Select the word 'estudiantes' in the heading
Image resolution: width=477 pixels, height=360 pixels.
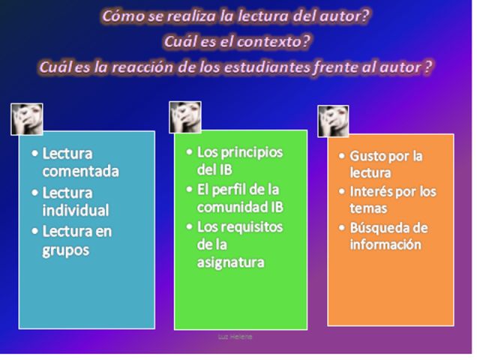(267, 67)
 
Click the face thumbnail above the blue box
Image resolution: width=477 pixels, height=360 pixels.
(27, 119)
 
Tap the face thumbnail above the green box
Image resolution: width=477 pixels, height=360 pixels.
(185, 118)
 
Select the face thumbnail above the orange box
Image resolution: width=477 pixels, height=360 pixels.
(334, 121)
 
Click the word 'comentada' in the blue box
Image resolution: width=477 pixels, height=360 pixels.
(80, 171)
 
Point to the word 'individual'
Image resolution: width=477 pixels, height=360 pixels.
(76, 211)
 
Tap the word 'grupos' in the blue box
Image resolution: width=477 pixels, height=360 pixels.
(66, 250)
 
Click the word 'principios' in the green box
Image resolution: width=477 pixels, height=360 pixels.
(252, 153)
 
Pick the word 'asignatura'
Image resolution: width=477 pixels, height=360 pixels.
(230, 263)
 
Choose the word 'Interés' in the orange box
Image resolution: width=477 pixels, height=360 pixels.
(371, 192)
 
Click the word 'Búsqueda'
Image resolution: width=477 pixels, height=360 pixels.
(376, 228)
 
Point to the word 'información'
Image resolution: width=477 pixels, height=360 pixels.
(385, 244)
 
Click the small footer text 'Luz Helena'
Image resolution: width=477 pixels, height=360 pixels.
(235, 337)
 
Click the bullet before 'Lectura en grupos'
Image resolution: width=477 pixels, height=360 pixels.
(35, 231)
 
